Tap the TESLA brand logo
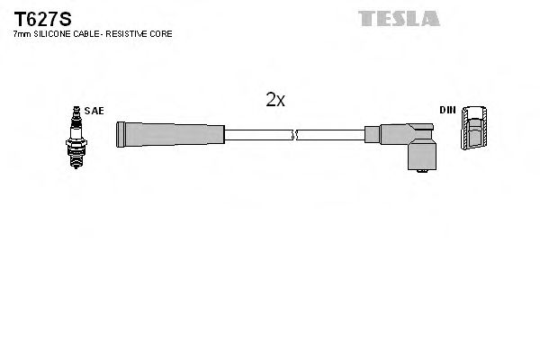[399, 17]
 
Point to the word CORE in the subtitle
[162, 34]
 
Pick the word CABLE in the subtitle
[85, 34]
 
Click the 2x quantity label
[275, 100]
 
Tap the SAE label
[95, 111]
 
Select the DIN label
[447, 111]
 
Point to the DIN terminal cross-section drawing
[477, 130]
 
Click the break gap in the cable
[295, 136]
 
